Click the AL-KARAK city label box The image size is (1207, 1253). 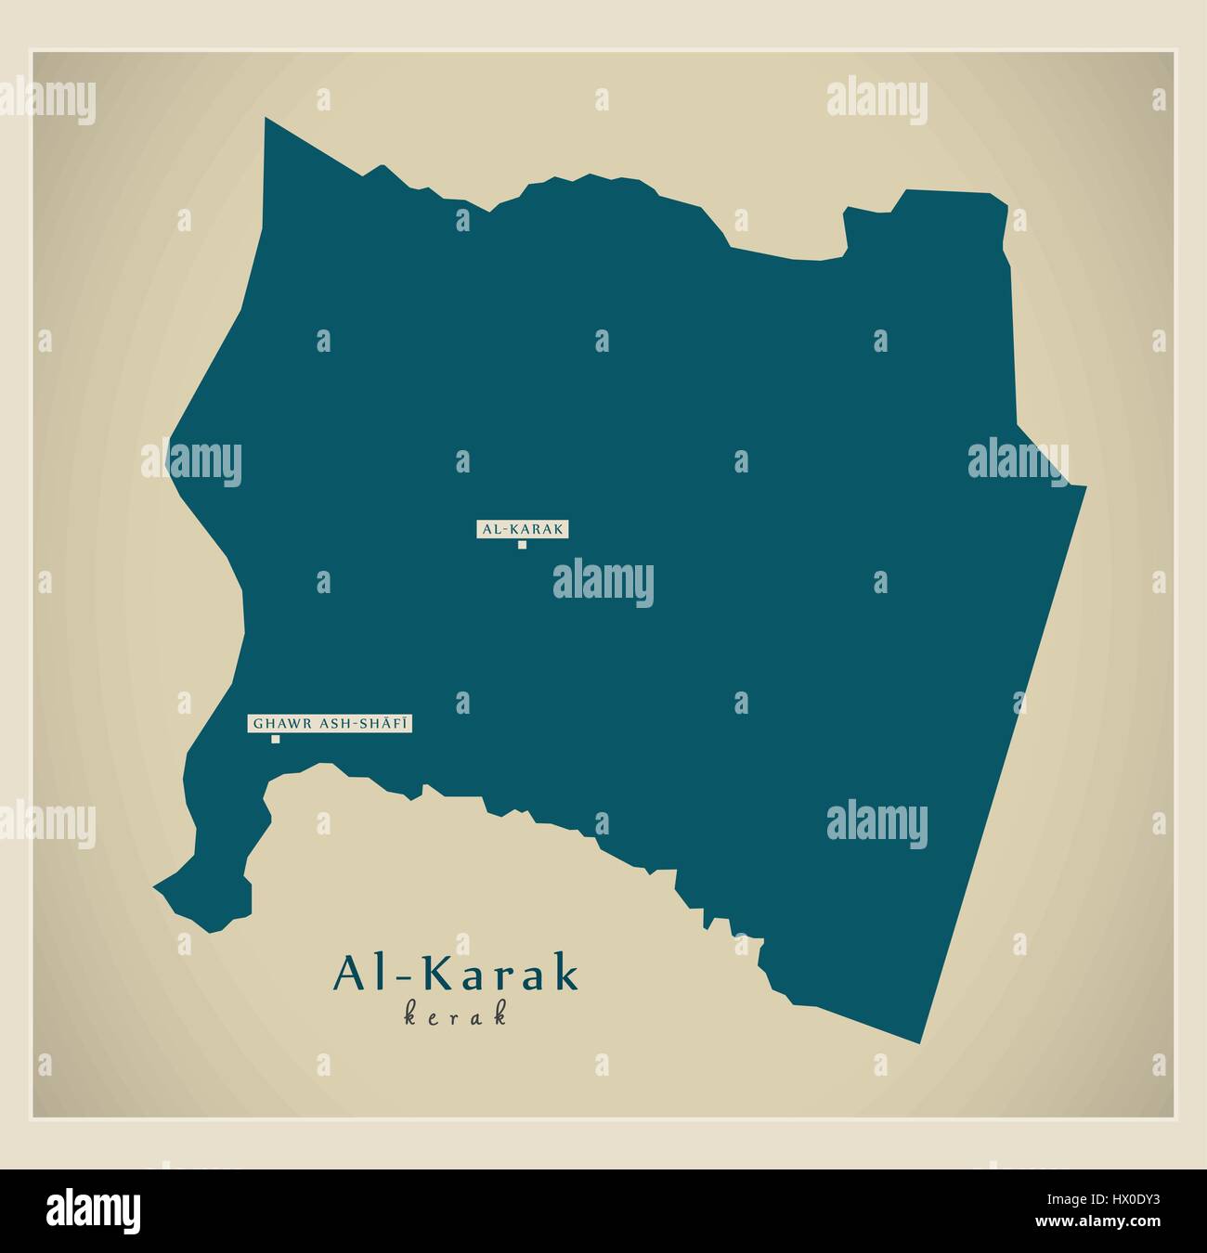522,529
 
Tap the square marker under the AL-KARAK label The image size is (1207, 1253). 522,545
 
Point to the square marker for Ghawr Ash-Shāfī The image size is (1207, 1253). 275,739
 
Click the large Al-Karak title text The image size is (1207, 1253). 456,975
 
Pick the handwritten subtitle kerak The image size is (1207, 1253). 456,1015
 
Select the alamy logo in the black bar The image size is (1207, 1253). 93,1211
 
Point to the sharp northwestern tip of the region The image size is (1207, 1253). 266,120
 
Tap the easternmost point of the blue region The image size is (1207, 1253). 1084,485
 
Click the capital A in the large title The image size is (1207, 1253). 351,975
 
